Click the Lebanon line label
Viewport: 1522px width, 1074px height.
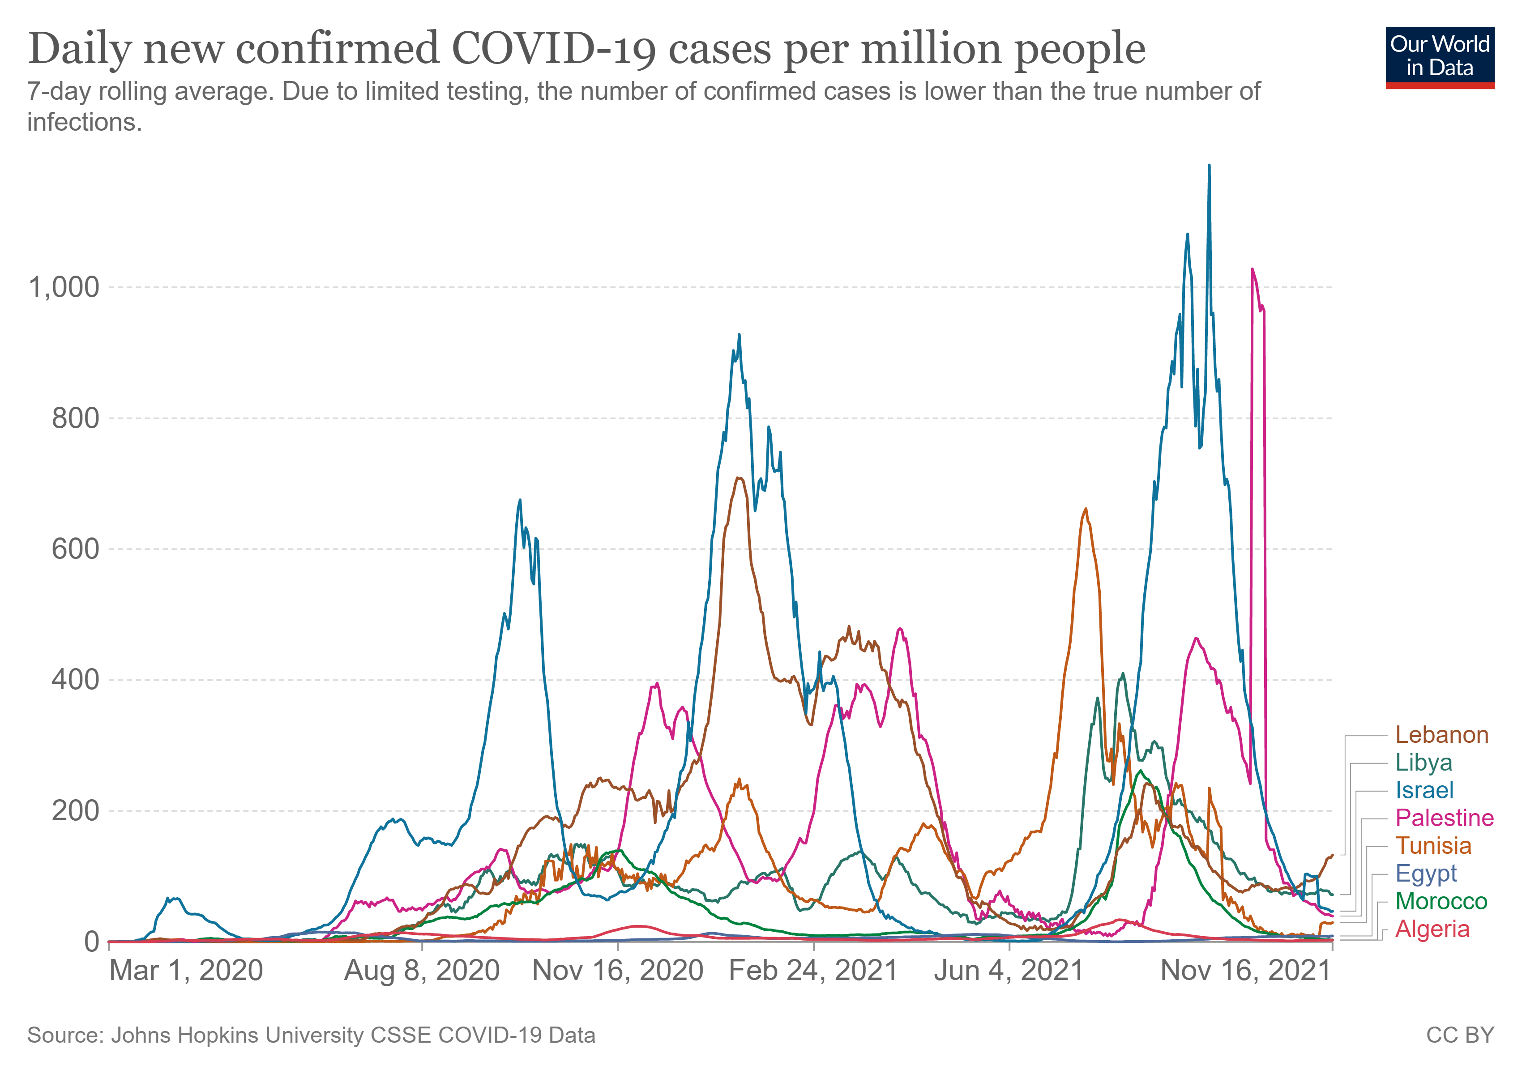[x=1442, y=735]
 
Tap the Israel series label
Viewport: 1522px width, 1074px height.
[x=1424, y=790]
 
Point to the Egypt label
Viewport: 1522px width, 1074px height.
[x=1426, y=873]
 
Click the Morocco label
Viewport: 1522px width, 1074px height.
[x=1441, y=901]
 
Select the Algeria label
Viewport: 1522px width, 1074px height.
[x=1432, y=929]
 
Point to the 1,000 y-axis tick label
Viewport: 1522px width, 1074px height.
[x=64, y=288]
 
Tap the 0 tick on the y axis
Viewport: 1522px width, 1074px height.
[x=91, y=942]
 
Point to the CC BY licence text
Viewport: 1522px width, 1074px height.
[x=1460, y=1035]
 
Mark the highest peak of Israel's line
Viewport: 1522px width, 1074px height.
[x=1209, y=166]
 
